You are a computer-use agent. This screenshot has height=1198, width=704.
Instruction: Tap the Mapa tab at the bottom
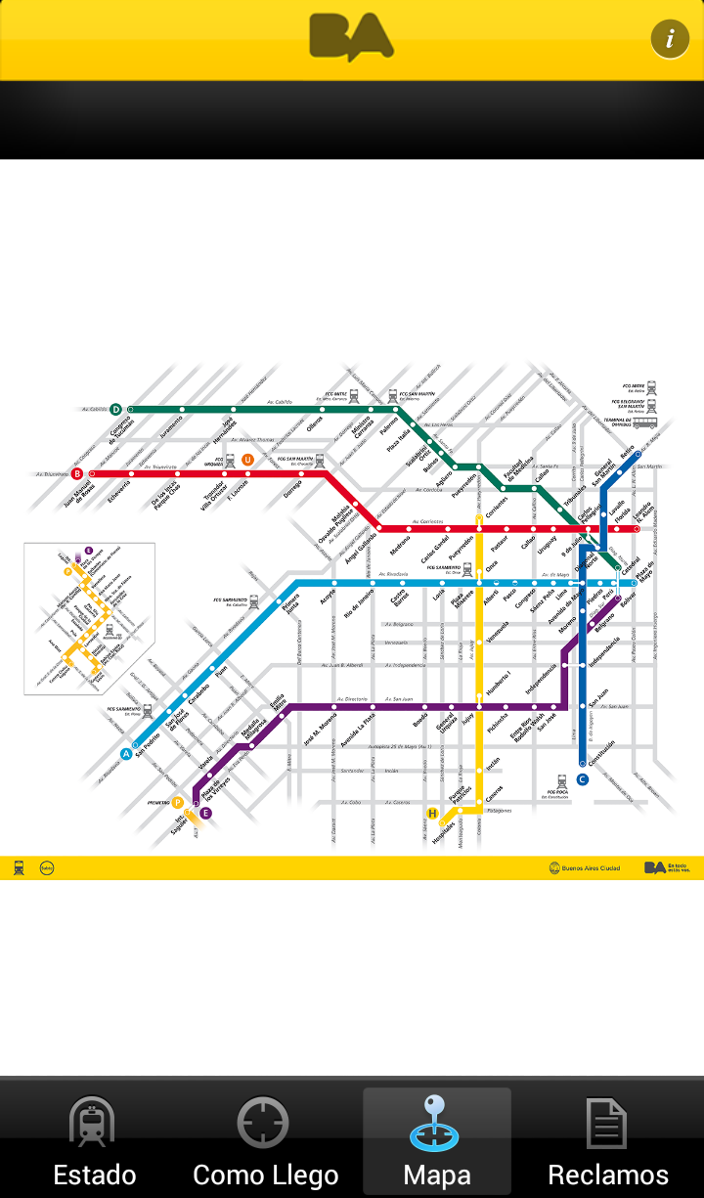tap(436, 1139)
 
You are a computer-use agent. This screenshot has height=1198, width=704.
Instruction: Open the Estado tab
tap(94, 1139)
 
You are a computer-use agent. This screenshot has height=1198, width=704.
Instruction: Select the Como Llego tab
tap(265, 1139)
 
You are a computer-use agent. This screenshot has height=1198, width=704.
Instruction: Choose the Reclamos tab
tap(607, 1139)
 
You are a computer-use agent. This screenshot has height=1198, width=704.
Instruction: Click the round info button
tap(670, 39)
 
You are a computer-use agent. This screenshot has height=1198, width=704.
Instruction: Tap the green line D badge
tap(115, 409)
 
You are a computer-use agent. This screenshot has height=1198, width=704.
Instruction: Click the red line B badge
tap(77, 473)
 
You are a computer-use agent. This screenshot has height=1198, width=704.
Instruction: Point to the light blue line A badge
tap(126, 753)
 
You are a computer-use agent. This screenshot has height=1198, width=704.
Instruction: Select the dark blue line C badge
tap(582, 779)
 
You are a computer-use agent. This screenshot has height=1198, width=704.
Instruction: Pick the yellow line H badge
tap(432, 813)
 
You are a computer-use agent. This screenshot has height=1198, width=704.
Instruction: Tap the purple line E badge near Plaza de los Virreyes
tap(205, 813)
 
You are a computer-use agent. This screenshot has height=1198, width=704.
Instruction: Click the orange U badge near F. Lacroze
tap(247, 460)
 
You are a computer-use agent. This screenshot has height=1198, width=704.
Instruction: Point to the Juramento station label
tap(171, 431)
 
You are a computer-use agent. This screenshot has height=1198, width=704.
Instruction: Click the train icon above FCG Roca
tap(562, 781)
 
